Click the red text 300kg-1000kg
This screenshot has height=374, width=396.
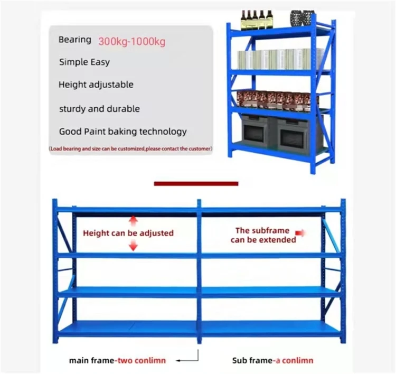(x=131, y=41)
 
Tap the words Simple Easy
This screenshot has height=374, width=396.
(x=84, y=62)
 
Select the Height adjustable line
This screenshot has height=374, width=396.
(x=96, y=85)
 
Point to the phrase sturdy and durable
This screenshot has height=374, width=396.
(x=99, y=109)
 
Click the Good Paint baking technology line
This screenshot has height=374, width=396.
(x=122, y=132)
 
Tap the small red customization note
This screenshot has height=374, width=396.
(x=130, y=149)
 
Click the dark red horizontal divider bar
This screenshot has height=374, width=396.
(x=196, y=184)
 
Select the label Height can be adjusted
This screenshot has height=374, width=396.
(x=128, y=233)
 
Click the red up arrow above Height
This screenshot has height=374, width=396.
(x=133, y=220)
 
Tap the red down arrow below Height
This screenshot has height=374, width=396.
(x=133, y=245)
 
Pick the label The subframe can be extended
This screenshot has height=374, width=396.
(x=263, y=235)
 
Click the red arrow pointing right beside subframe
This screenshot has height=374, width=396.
(x=301, y=232)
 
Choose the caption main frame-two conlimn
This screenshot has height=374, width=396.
(x=117, y=361)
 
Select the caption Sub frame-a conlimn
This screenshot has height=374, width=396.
(x=272, y=361)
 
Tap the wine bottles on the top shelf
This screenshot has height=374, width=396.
(x=257, y=20)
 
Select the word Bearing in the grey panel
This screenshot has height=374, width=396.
(x=74, y=40)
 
